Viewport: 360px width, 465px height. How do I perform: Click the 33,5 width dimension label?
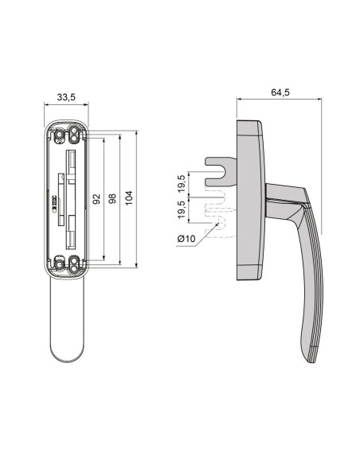(x=67, y=97)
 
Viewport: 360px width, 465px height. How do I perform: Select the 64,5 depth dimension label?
(x=280, y=92)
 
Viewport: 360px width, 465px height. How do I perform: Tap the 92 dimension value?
(x=97, y=199)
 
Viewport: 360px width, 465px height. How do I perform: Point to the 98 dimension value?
(x=112, y=199)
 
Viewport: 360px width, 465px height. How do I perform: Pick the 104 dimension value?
(x=130, y=199)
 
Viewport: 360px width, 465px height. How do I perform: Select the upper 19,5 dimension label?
(x=182, y=182)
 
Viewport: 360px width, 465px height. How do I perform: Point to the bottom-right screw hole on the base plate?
(x=75, y=263)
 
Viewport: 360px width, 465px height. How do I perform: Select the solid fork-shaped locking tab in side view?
(x=219, y=167)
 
